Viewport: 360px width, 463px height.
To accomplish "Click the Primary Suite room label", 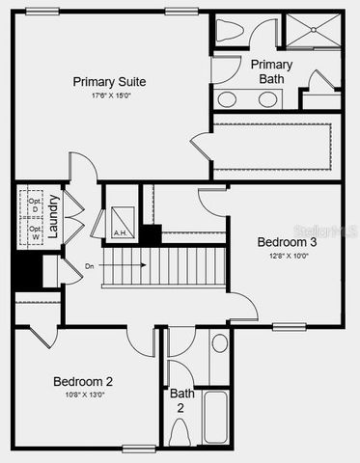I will [113, 81].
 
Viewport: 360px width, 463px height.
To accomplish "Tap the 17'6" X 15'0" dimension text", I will [113, 95].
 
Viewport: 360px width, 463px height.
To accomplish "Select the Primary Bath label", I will [272, 71].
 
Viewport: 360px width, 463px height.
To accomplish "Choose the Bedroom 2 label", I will [83, 380].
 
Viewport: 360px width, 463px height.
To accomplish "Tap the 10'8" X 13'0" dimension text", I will [83, 394].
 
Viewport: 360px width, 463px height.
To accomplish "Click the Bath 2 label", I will [182, 400].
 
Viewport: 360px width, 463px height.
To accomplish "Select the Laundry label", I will [54, 218].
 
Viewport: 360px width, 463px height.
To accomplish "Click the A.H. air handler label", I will [121, 232].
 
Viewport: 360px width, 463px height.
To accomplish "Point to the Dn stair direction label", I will [90, 265].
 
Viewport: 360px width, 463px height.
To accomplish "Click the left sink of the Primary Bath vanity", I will [228, 99].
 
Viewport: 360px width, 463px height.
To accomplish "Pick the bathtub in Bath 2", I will [216, 417].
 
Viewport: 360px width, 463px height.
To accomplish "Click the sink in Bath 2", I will [219, 343].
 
